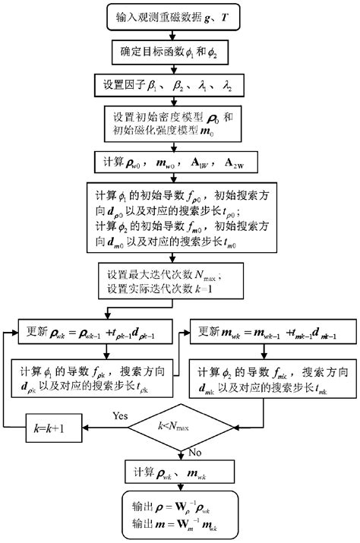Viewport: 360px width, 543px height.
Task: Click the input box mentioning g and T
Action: [178, 15]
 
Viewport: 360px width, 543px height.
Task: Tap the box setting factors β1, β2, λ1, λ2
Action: [178, 84]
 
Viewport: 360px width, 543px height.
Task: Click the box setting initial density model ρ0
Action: [178, 122]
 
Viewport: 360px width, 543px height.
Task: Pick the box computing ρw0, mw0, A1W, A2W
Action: [178, 162]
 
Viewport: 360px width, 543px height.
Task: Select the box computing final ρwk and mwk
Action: [179, 476]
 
